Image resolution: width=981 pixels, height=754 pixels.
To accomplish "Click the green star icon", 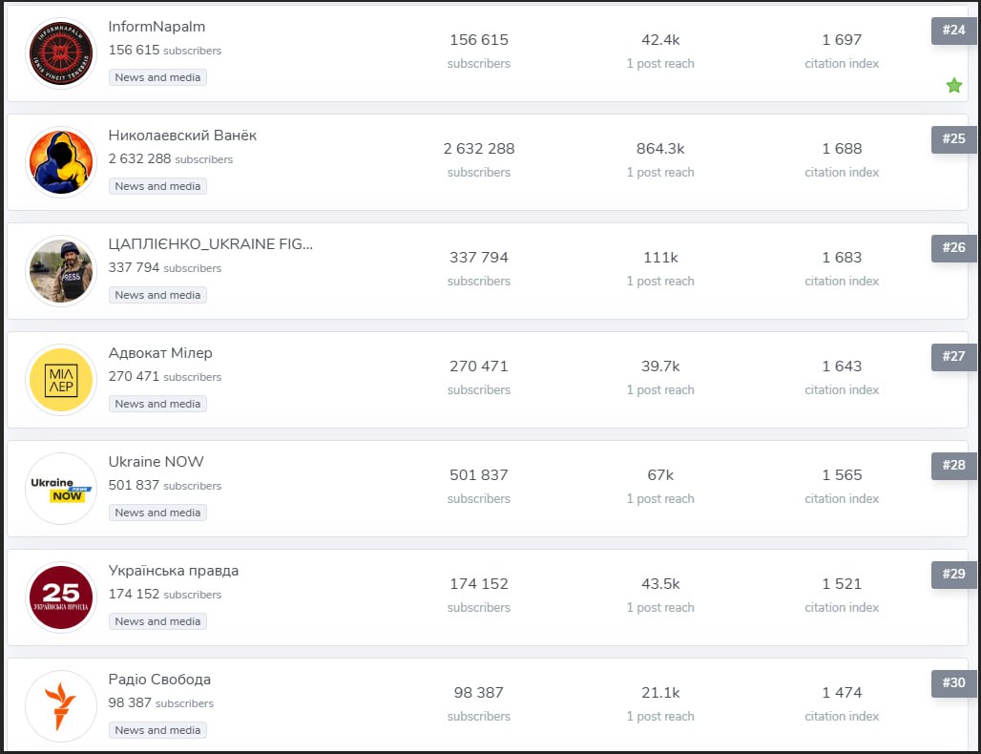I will (953, 86).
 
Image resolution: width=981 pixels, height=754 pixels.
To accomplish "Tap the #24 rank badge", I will (952, 30).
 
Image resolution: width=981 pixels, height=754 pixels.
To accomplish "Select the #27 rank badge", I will (952, 356).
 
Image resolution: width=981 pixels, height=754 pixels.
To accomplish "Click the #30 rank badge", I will (952, 682).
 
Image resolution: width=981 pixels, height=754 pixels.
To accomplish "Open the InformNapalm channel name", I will (157, 27).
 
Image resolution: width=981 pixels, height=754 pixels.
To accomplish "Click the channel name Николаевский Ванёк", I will (182, 136).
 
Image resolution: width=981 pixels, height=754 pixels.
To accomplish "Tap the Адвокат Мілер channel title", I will (160, 353).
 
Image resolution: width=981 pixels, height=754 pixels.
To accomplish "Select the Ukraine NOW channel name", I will (157, 462).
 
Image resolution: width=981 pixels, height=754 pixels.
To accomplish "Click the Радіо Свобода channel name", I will (159, 680).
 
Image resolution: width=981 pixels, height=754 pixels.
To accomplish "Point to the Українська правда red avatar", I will (61, 597).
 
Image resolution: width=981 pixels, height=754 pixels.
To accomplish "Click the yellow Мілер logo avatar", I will (61, 380).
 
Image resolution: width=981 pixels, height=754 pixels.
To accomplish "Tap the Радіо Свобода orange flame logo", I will (61, 706).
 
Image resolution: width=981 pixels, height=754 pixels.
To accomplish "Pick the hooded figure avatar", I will (61, 162).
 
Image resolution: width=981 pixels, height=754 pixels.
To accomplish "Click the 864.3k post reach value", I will (660, 149).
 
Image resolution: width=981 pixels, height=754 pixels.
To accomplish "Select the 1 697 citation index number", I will (842, 40).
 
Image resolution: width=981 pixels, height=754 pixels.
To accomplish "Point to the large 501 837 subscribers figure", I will (479, 475).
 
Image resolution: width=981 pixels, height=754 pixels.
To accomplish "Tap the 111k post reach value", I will (660, 258).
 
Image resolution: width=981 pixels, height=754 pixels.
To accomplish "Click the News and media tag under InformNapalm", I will (157, 77).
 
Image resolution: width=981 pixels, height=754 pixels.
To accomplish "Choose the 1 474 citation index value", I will (842, 693).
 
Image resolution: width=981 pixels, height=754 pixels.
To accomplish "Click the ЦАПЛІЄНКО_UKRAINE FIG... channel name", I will (211, 244).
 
